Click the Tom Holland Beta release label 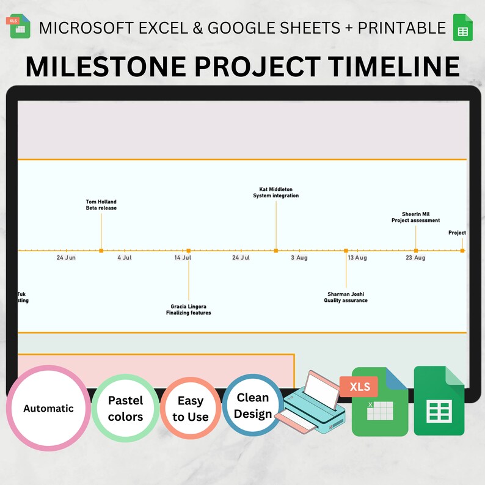(101, 205)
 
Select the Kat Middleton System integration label (276, 193)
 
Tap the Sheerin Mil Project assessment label (415, 217)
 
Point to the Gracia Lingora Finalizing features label (189, 310)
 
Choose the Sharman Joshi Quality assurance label (346, 297)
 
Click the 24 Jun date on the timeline (66, 258)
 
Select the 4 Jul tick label (125, 258)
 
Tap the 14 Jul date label (183, 258)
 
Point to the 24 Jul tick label (241, 258)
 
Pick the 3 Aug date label (299, 258)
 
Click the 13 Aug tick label (357, 258)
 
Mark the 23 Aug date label (415, 258)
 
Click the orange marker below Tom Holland (101, 250)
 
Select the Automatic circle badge (48, 408)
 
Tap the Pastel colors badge (125, 409)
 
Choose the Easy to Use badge (190, 409)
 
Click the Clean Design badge (253, 406)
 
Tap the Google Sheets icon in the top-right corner (462, 27)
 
